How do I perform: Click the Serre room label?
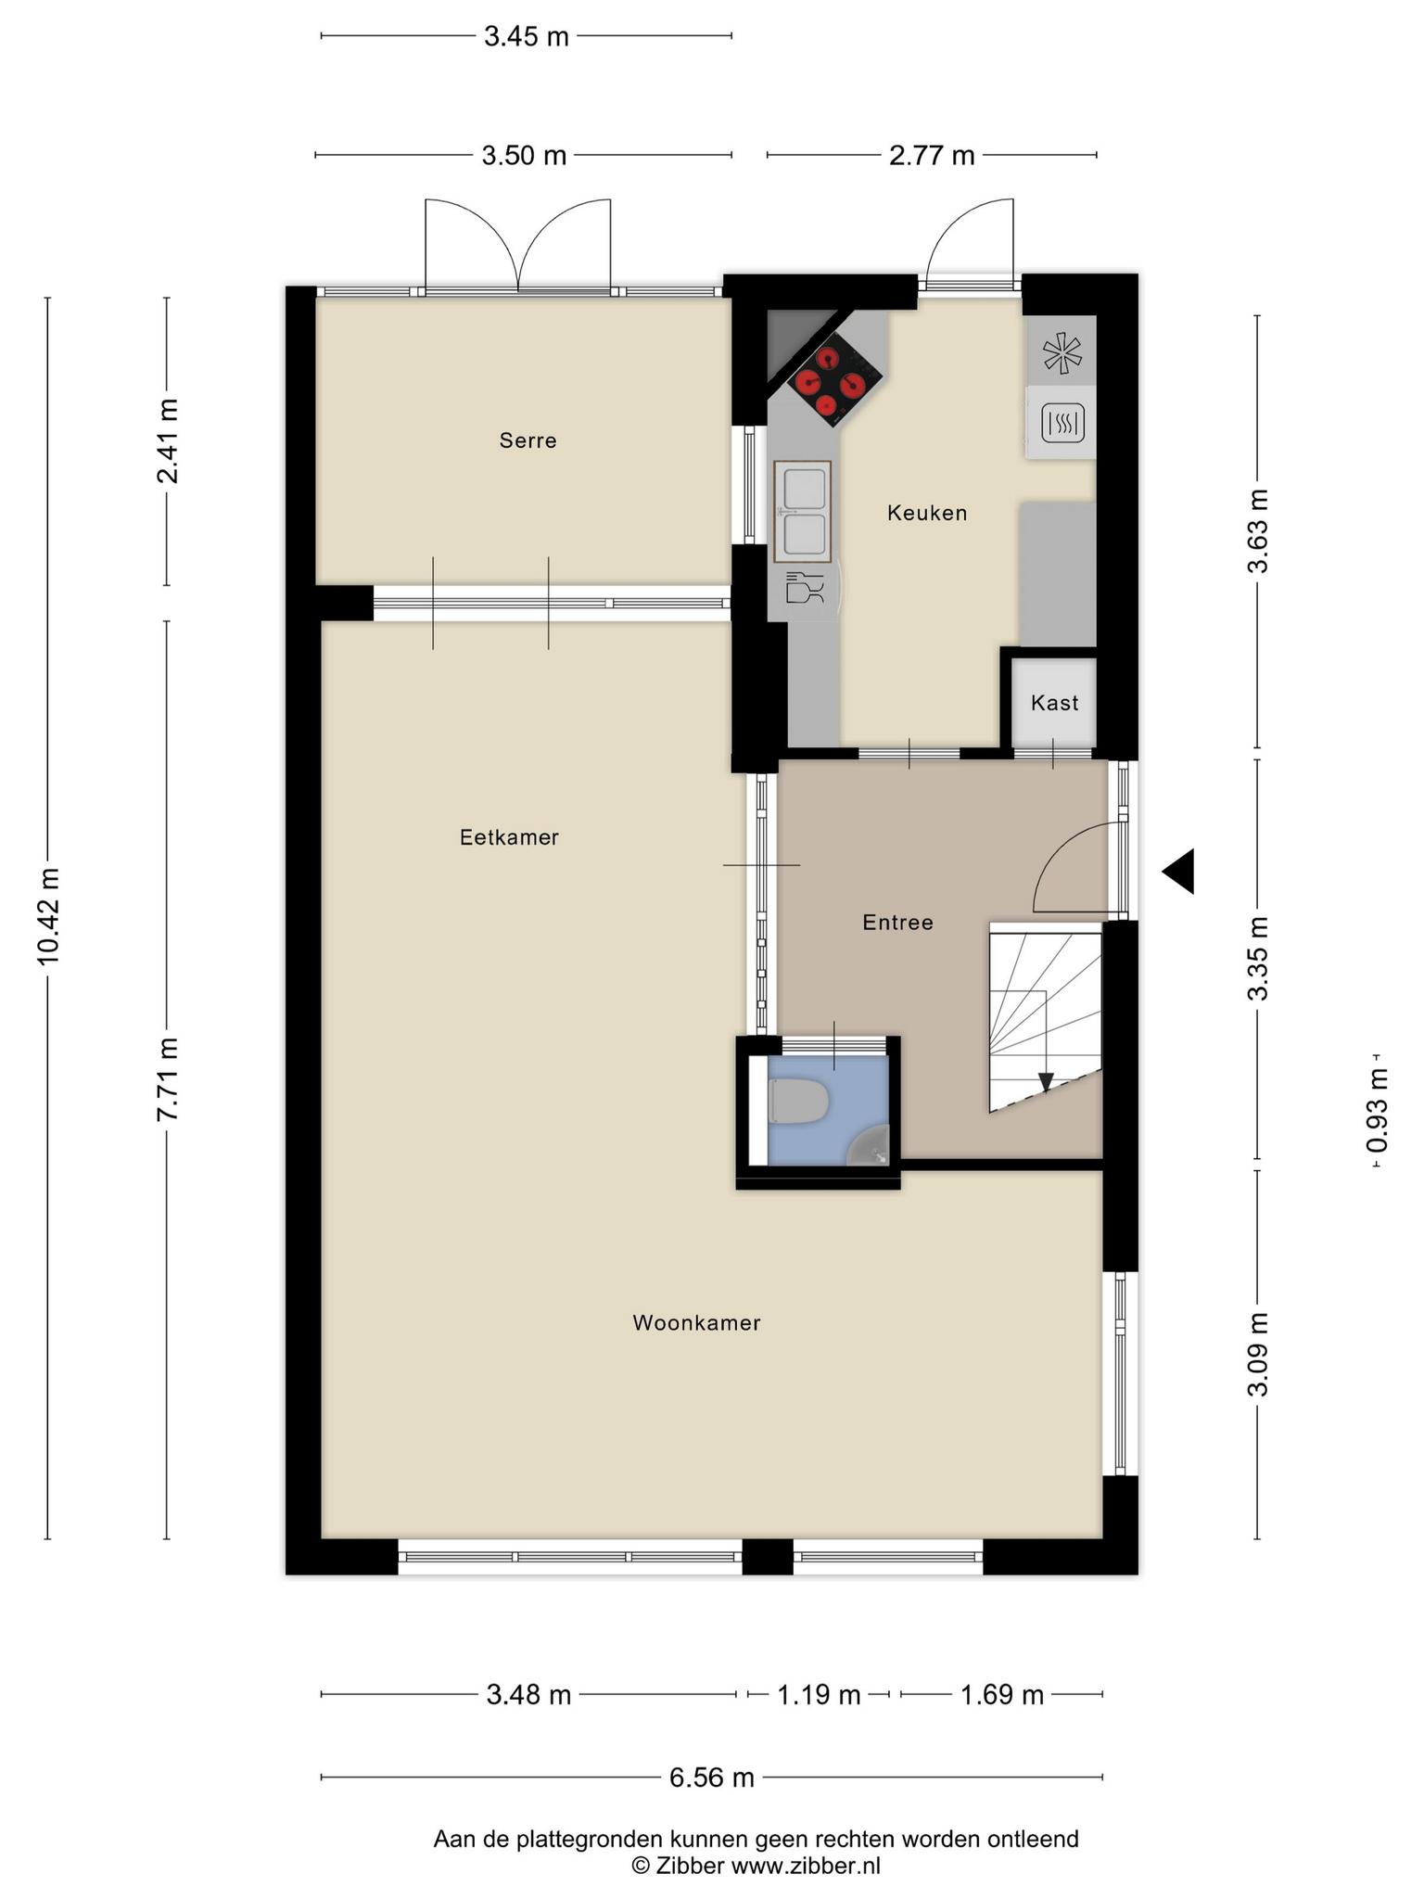[x=528, y=440]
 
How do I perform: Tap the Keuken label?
[x=927, y=513]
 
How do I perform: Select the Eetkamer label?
[x=509, y=837]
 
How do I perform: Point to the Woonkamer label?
[x=696, y=1323]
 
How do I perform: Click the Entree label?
[x=897, y=923]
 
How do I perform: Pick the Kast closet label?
[x=1054, y=703]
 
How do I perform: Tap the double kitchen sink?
[x=803, y=512]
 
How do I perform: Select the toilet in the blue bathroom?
[x=798, y=1102]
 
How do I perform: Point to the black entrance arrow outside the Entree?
[x=1178, y=872]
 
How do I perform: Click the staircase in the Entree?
[x=1046, y=1017]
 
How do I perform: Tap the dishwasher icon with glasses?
[x=804, y=589]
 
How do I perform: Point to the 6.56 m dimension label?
[x=711, y=1778]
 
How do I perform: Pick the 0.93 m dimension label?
[x=1379, y=1110]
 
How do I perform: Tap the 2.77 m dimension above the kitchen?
[x=932, y=155]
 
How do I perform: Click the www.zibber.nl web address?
[x=806, y=1866]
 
